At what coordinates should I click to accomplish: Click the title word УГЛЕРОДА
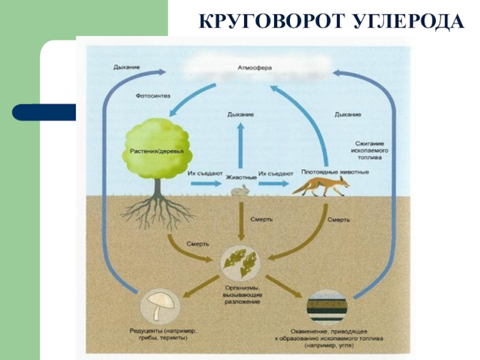point(407,23)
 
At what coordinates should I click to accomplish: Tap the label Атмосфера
point(254,68)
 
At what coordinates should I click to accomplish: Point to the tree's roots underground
point(157,210)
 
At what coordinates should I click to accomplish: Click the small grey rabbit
point(240,191)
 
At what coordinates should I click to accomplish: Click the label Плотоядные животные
point(335,172)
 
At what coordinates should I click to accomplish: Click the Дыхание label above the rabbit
point(240,114)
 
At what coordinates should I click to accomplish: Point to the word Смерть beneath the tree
point(197,244)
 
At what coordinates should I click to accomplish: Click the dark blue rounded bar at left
point(44,112)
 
